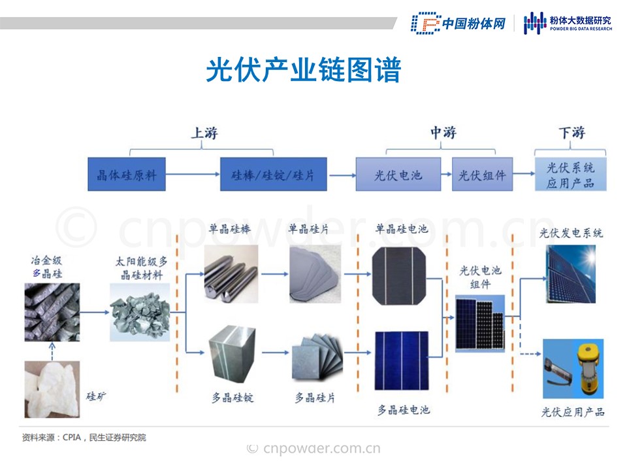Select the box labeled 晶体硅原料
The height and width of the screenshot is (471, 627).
pyautogui.click(x=127, y=175)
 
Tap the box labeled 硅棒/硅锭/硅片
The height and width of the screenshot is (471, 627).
pyautogui.click(x=273, y=175)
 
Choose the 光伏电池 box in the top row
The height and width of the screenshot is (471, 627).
pyautogui.click(x=398, y=175)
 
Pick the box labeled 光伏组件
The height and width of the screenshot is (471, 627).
pyautogui.click(x=482, y=175)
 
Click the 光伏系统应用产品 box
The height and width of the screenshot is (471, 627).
pyautogui.click(x=570, y=175)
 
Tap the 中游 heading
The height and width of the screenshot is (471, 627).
pyautogui.click(x=443, y=133)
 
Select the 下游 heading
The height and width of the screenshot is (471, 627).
pyautogui.click(x=571, y=133)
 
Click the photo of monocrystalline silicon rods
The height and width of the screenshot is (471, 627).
pyautogui.click(x=231, y=273)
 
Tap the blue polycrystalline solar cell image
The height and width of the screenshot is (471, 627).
pyautogui.click(x=402, y=361)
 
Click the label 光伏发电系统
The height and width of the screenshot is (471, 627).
pyautogui.click(x=571, y=233)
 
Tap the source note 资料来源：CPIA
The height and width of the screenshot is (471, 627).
pyautogui.click(x=84, y=437)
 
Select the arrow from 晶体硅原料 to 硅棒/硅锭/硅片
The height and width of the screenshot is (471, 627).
pyautogui.click(x=193, y=175)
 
